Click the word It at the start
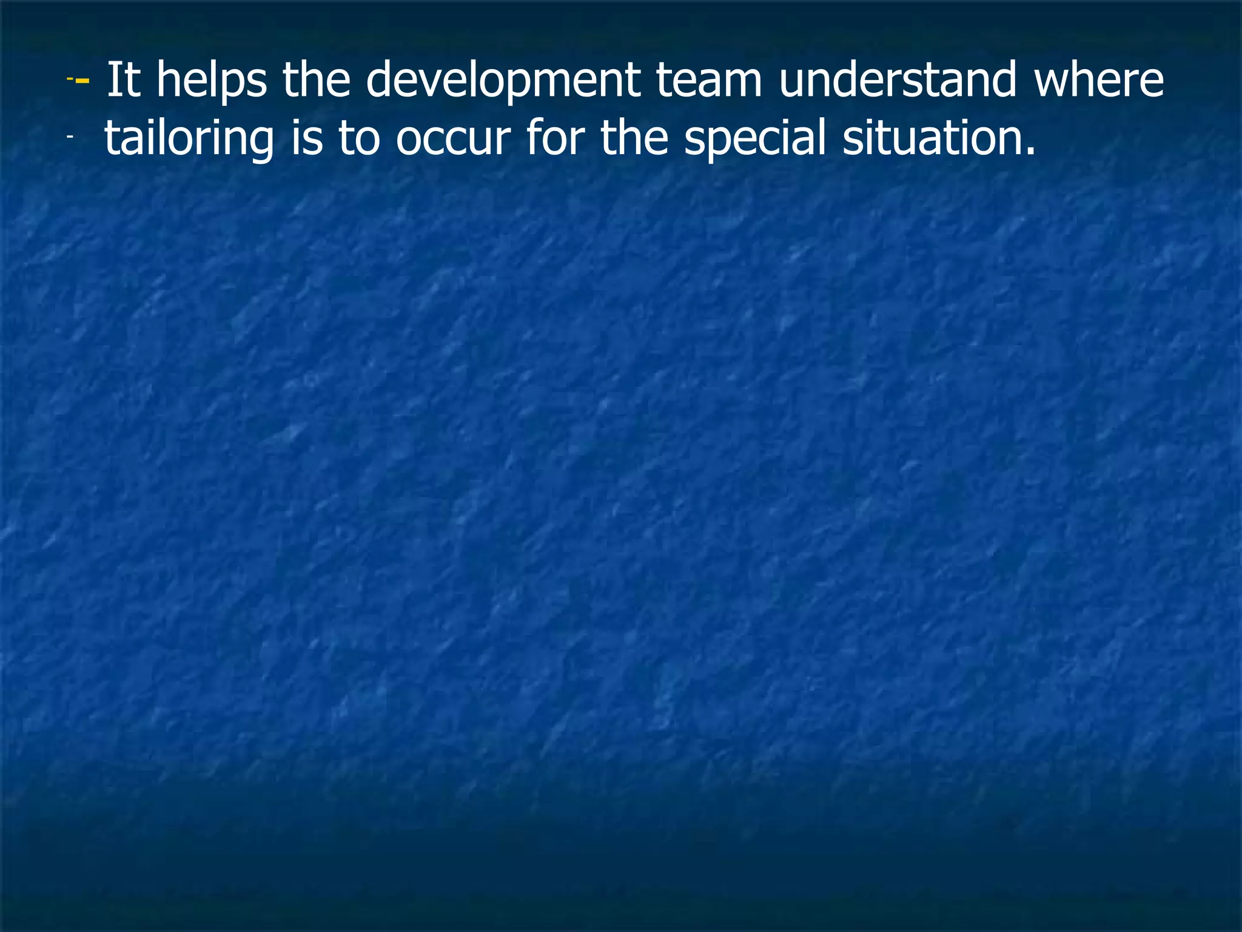point(123,81)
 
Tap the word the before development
point(316,81)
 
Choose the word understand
point(897,81)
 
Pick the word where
point(1099,81)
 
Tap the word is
point(306,138)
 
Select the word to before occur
point(359,138)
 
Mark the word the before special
point(634,138)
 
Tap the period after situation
point(1030,151)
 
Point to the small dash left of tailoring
point(70,138)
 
